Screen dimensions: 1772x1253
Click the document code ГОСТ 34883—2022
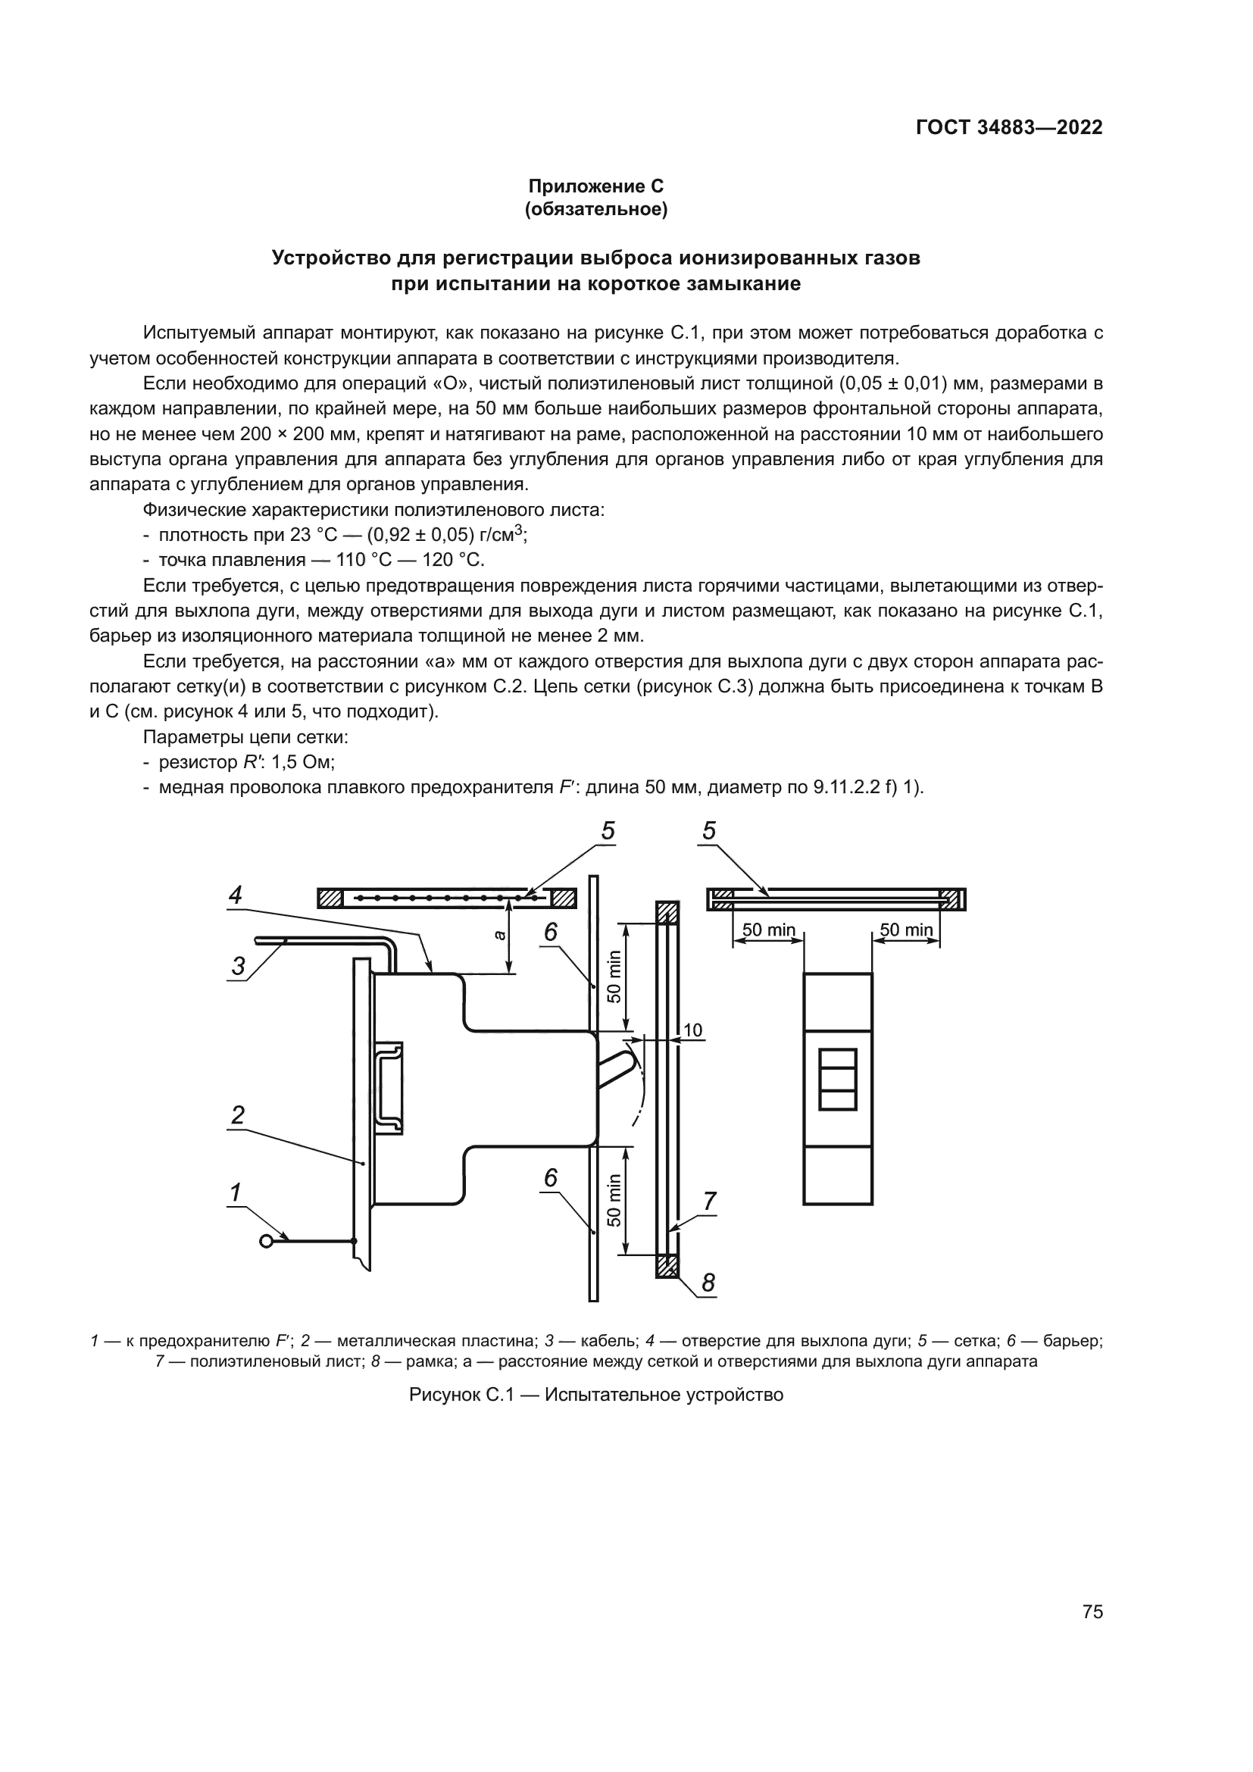point(1008,127)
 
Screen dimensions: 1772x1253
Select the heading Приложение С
point(595,186)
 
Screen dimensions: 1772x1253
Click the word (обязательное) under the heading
point(595,209)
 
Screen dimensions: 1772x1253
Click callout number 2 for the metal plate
point(238,1115)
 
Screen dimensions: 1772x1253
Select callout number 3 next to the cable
point(239,965)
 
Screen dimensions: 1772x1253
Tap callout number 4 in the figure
point(236,895)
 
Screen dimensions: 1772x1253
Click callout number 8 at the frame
point(708,1283)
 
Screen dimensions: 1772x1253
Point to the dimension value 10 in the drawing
point(693,1030)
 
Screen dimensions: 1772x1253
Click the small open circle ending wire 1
point(267,1241)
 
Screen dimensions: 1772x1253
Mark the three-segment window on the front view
point(837,1079)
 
